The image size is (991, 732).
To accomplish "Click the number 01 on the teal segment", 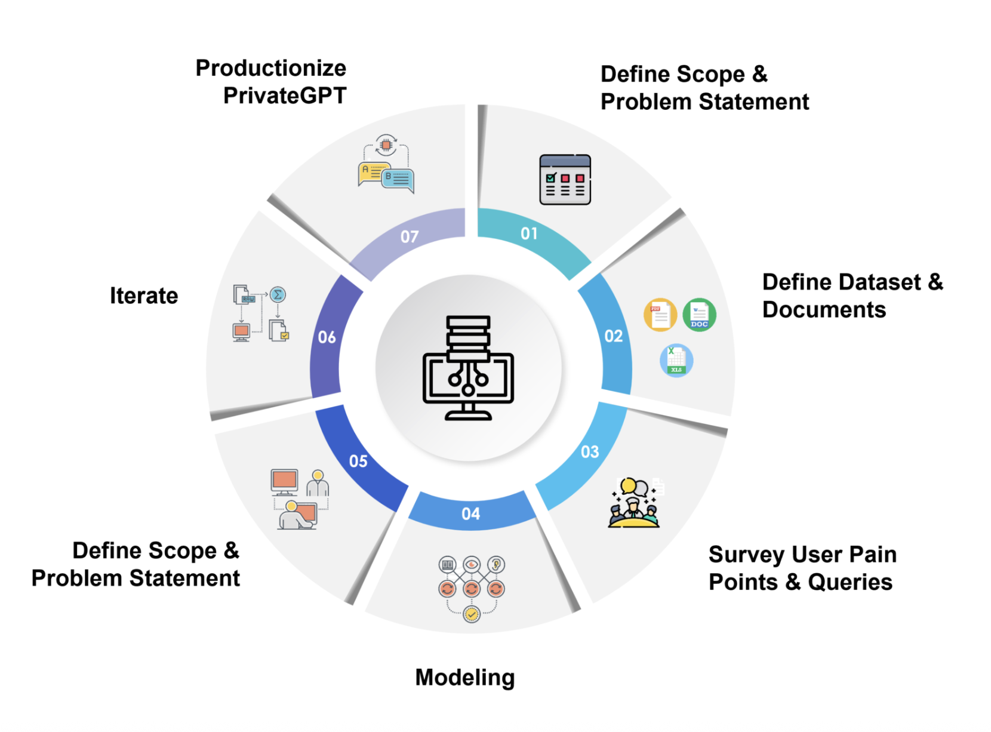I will coord(529,233).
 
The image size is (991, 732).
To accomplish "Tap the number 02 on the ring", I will coord(613,336).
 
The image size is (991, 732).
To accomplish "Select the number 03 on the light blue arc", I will coord(590,451).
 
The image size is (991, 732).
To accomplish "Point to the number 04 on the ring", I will coord(470,513).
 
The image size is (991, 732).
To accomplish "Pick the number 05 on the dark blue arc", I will coord(358,461).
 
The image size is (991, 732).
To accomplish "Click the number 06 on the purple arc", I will coord(327,337).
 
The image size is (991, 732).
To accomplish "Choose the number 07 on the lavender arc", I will coord(410,237).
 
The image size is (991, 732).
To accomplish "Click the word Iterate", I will coord(144,296).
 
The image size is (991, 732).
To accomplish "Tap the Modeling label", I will coord(465,678).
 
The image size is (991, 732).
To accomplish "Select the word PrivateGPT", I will coord(285,96).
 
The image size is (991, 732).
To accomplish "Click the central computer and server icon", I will coord(469,367).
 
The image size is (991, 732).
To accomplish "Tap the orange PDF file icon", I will coord(660,315).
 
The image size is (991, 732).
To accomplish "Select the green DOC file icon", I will coord(699,315).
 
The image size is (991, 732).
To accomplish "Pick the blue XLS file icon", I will coord(676,360).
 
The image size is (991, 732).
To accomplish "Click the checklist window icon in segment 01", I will coord(565,180).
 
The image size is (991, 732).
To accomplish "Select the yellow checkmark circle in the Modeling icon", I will coord(472,614).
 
